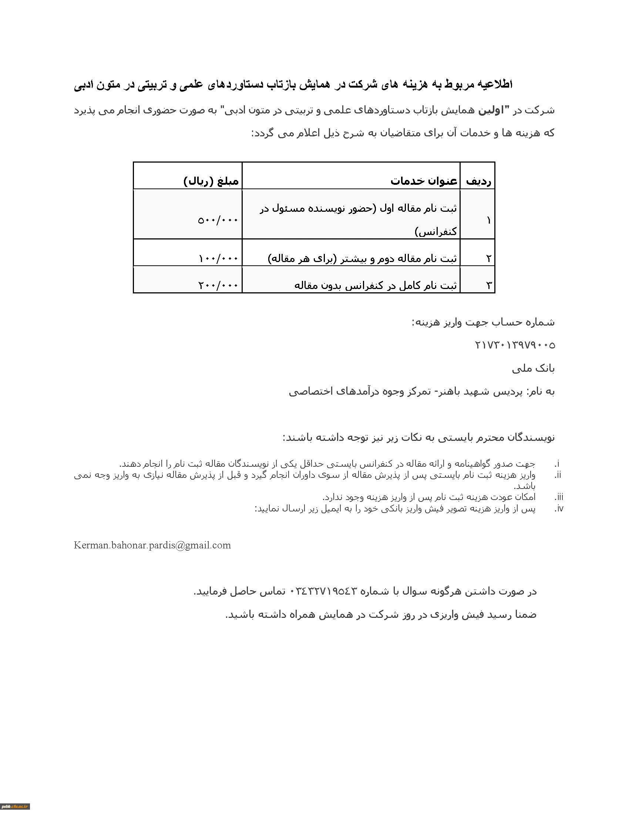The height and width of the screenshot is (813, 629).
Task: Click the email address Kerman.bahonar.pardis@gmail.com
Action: [152, 545]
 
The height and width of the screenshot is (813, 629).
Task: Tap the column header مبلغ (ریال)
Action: [211, 181]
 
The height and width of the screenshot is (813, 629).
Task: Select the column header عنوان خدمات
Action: [424, 181]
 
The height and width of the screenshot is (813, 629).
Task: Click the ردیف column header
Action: [478, 181]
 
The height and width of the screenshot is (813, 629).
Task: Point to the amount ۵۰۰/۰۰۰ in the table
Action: [218, 220]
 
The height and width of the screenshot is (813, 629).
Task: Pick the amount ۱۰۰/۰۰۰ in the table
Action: [218, 258]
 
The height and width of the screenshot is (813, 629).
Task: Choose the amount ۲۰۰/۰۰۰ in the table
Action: [218, 286]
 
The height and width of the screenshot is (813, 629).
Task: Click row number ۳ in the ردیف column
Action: [488, 286]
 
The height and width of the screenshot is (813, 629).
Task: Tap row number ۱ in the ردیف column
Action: [488, 220]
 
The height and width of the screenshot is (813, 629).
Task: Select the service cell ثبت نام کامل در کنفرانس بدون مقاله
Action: [376, 286]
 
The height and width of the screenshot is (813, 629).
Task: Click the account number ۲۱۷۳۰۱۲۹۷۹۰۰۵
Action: [515, 346]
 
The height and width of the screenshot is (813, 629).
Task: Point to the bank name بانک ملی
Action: [533, 368]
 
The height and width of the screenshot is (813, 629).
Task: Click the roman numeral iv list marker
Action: [559, 509]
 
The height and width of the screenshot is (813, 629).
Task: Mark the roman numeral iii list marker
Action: [559, 497]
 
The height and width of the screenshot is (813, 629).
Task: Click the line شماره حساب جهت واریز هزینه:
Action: [483, 322]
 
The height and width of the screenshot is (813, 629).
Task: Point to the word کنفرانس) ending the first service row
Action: [435, 232]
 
